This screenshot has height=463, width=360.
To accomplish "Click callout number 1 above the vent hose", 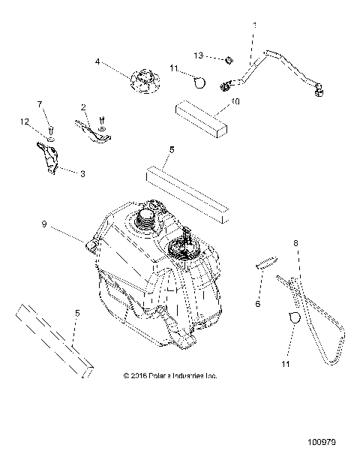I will tap(254, 26).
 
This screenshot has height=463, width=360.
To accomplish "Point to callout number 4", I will tap(97, 62).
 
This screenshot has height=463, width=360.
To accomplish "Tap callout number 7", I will tap(40, 104).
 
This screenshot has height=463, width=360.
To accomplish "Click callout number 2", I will tap(83, 107).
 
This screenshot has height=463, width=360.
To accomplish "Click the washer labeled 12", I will tap(49, 140).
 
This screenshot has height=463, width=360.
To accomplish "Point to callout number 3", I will tap(82, 173).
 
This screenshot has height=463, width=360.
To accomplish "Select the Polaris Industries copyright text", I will tap(169, 375).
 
